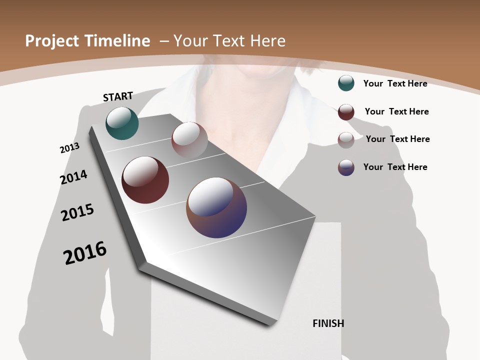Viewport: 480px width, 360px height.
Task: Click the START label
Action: pos(118,96)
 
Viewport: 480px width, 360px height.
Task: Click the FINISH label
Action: pos(328,323)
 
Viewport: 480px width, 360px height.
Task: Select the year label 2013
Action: pos(69,148)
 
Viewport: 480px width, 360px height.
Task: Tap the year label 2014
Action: pos(73,177)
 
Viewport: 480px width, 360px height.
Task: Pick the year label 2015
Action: pos(77,212)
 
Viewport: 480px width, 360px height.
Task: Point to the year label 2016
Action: pos(85,252)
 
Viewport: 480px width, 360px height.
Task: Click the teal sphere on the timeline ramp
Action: pos(122,123)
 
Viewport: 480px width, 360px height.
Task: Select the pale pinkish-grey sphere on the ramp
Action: pos(189,139)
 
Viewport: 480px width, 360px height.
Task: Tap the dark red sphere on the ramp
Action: pos(145,180)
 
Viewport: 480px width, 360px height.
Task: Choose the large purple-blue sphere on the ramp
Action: pos(216,207)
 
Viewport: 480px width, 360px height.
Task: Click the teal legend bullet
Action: pos(346,83)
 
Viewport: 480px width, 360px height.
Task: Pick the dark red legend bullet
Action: pos(346,112)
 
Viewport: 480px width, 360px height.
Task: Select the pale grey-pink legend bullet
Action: pos(346,140)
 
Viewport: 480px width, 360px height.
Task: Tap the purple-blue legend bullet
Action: pos(346,167)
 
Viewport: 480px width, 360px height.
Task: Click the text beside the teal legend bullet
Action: pos(395,83)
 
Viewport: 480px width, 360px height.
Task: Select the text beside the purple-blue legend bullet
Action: pos(395,167)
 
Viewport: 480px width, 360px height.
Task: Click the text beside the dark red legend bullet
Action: pos(396,111)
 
